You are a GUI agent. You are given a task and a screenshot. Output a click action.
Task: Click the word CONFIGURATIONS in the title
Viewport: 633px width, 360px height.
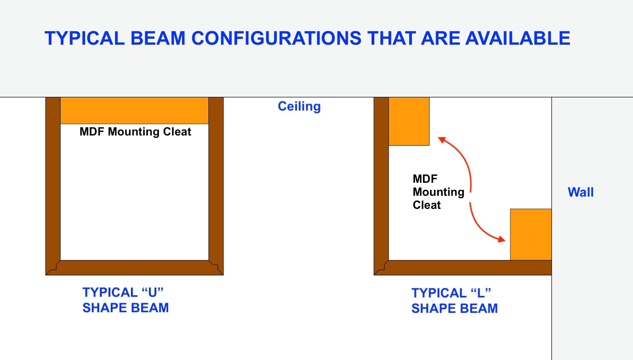276,38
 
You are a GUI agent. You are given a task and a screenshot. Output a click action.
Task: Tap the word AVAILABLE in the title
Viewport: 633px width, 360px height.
518,38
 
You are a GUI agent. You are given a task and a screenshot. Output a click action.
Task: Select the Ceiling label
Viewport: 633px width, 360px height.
299,106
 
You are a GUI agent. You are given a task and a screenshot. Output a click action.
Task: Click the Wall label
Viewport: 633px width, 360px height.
580,192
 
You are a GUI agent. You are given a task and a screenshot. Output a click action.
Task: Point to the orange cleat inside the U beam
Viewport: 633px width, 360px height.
135,110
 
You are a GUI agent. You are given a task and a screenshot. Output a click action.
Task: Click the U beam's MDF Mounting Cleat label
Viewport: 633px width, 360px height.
135,132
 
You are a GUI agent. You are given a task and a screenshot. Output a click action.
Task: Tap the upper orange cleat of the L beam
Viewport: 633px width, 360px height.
409,121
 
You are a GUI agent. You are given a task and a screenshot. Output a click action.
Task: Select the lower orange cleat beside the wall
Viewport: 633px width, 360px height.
531,235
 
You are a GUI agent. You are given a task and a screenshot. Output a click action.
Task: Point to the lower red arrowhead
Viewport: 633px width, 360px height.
502,240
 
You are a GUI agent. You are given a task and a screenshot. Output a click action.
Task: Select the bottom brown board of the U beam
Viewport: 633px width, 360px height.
135,267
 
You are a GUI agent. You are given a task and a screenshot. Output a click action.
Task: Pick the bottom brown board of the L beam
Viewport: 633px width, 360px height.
462,267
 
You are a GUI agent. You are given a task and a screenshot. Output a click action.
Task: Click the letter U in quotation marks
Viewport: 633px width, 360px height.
152,292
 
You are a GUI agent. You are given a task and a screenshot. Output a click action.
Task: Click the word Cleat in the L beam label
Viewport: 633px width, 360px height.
427,205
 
